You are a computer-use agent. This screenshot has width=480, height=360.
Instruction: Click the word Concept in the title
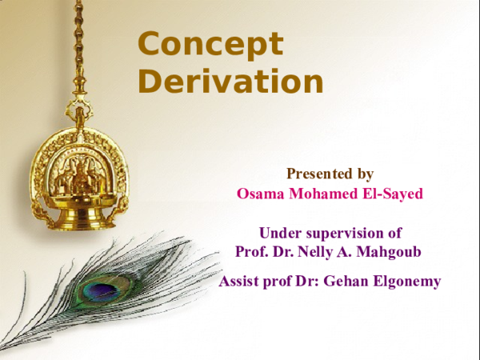tap(210, 45)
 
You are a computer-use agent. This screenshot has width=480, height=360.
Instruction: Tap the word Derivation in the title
tap(230, 81)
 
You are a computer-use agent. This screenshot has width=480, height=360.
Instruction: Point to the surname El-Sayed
tap(392, 193)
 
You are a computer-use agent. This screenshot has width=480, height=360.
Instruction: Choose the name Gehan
tap(345, 282)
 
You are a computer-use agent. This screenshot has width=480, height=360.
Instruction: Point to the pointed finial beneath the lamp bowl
tap(77, 234)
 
